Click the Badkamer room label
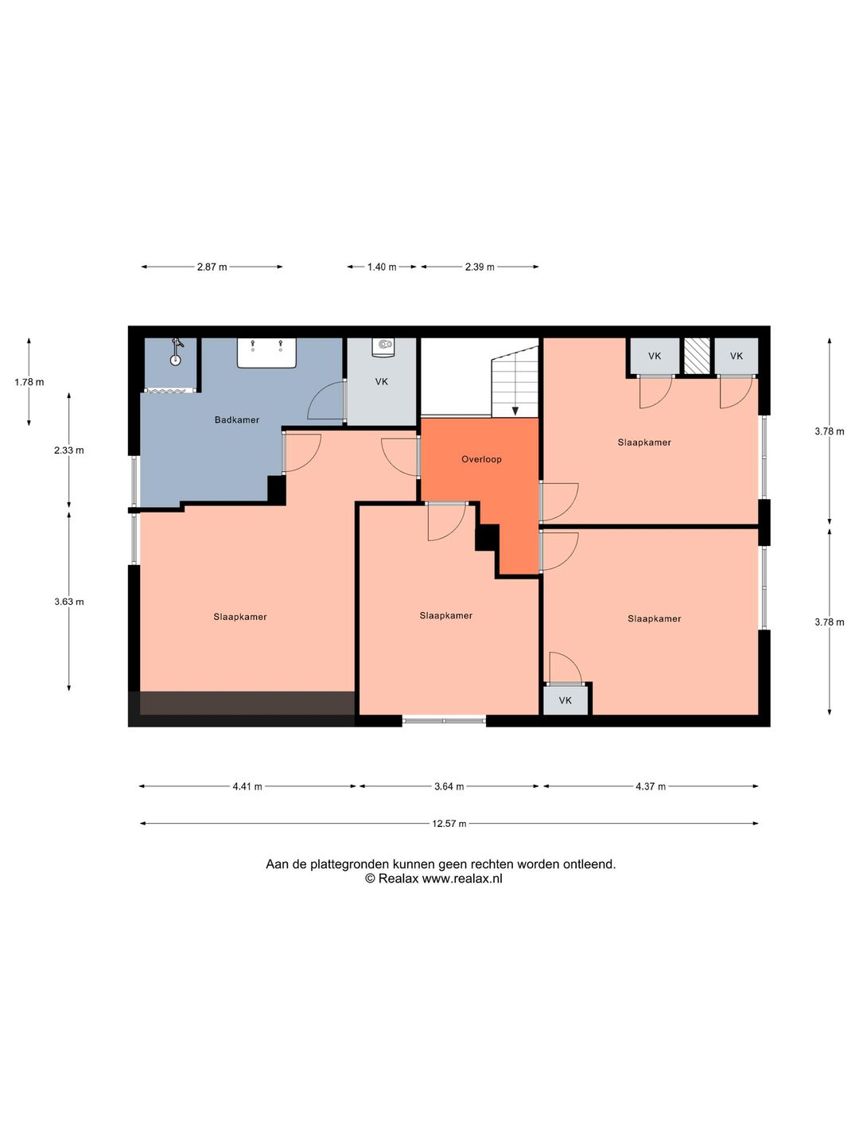point(237,419)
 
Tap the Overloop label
point(481,459)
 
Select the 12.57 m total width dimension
point(449,824)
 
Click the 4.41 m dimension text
point(247,786)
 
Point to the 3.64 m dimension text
point(449,786)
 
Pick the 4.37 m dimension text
point(651,786)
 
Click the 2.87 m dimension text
point(212,267)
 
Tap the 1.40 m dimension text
point(382,267)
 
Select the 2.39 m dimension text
point(480,267)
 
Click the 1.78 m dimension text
point(29,382)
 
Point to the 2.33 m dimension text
point(69,450)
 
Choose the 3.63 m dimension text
point(69,602)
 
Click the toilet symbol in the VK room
point(383,347)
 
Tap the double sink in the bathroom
point(266,353)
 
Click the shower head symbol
point(177,352)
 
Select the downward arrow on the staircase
point(515,411)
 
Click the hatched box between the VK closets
point(697,356)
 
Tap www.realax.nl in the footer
point(462,878)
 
